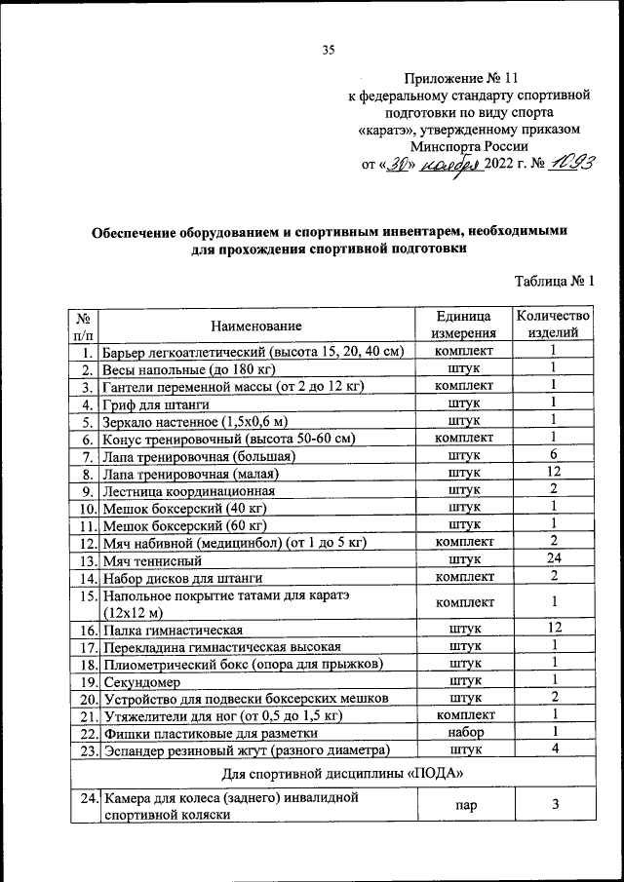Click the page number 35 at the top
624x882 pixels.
tap(328, 52)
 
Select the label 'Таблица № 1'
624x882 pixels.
tap(554, 282)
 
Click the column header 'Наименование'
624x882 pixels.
tap(255, 326)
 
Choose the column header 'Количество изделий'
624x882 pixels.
tap(553, 325)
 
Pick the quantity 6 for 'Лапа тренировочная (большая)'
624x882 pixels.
tap(553, 455)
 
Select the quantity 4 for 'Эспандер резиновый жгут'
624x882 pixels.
tap(553, 749)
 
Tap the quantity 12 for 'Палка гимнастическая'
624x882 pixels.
tap(553, 630)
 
